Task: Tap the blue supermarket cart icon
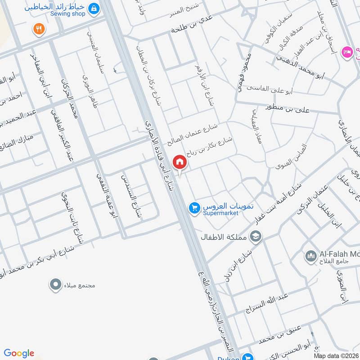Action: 194,208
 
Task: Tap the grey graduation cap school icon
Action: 256,236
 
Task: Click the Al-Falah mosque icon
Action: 310,257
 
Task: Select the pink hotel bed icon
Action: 346,52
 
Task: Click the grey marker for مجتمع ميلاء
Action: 55,284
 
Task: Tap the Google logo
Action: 19,353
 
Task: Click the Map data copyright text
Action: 336,355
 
